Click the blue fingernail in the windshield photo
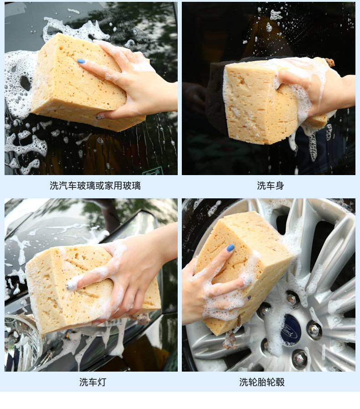[81, 61]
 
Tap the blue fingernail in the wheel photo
[231, 248]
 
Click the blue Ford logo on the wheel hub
[291, 330]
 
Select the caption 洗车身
[270, 186]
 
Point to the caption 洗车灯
[93, 382]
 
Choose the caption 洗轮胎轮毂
[262, 382]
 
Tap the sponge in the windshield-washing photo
[86, 82]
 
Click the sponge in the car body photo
[274, 102]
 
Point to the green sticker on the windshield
[153, 171]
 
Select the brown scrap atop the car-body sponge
[329, 62]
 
